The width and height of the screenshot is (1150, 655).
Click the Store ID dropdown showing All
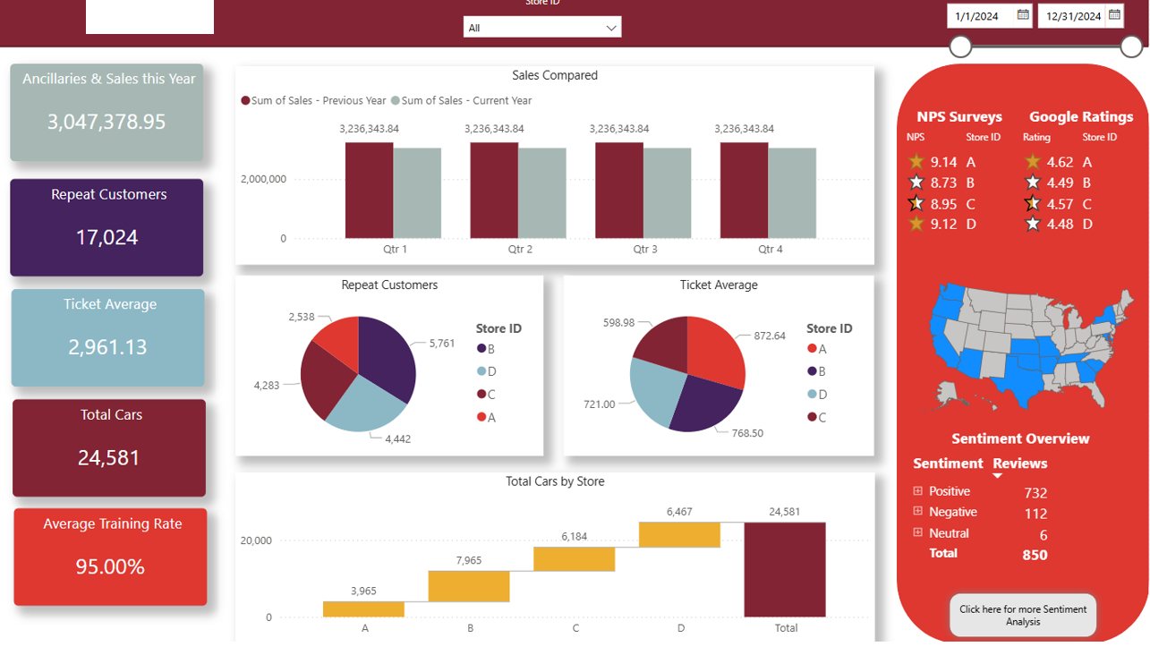click(541, 28)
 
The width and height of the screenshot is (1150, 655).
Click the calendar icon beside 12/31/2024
click(1114, 14)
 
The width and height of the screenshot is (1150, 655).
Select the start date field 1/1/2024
click(983, 16)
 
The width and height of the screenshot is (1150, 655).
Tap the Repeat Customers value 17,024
click(107, 237)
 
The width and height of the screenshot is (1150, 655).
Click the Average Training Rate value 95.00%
click(110, 566)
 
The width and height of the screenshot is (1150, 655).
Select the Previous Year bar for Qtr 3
click(619, 191)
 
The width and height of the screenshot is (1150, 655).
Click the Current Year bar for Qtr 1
click(417, 193)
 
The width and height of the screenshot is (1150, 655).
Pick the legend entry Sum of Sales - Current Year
click(466, 101)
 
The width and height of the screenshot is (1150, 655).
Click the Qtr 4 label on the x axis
click(770, 250)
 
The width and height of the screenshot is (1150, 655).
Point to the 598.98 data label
click(618, 322)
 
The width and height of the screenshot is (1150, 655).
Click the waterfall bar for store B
click(469, 586)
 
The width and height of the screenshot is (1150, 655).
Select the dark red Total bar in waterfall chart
click(785, 569)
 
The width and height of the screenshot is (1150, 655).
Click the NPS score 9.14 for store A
click(943, 162)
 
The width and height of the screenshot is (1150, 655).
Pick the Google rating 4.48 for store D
click(1060, 224)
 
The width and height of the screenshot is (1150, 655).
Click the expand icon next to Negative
click(917, 512)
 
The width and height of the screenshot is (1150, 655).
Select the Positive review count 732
click(1035, 493)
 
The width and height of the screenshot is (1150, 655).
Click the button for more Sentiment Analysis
click(1022, 616)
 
